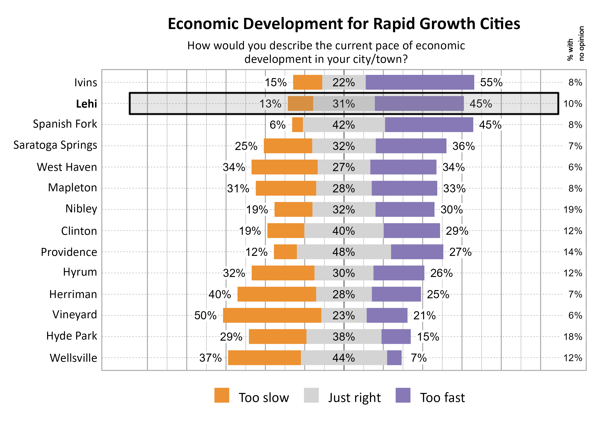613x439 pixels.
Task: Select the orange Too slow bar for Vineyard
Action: point(272,315)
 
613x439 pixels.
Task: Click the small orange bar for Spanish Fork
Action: point(297,125)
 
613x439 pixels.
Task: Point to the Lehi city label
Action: point(86,104)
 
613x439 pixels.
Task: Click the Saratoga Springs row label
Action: point(55,145)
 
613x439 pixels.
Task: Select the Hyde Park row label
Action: point(71,336)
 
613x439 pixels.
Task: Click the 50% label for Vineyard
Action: point(205,315)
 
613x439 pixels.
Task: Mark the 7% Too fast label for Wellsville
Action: point(419,358)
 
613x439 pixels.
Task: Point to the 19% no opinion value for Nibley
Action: point(573,210)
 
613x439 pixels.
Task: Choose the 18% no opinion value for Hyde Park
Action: point(573,337)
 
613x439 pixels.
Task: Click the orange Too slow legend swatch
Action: point(222,395)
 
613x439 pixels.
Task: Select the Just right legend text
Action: point(354,398)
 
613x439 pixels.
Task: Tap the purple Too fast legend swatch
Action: point(403,395)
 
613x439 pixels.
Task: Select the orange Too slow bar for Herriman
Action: point(276,294)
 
